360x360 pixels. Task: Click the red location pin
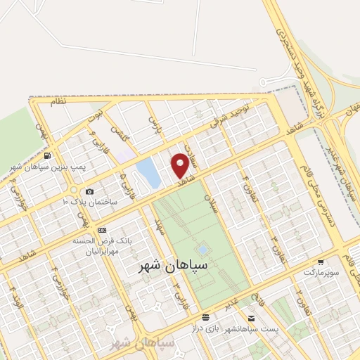(181, 165)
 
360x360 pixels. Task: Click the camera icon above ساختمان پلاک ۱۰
(89, 192)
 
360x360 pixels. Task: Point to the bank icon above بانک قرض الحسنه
(103, 230)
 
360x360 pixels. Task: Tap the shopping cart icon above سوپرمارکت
(321, 261)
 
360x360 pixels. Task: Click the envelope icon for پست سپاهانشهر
(205, 317)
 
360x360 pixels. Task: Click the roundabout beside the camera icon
(74, 189)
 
